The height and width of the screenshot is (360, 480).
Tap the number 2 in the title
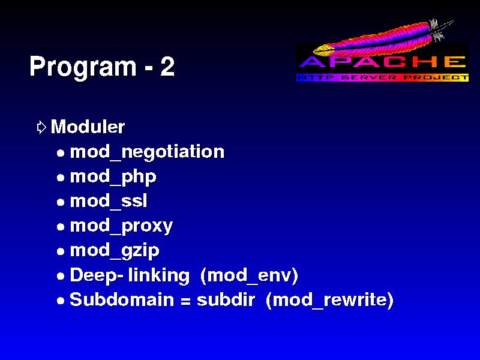167,66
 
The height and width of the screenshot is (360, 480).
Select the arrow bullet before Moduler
41,127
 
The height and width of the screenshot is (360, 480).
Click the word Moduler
88,127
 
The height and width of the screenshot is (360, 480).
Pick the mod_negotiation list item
147,152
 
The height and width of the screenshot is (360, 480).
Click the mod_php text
113,177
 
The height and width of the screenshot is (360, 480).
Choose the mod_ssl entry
109,201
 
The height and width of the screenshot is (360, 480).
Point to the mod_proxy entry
122,226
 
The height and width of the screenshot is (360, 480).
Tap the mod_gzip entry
115,251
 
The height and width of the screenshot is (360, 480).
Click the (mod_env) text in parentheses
249,275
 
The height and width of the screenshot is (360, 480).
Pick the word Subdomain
122,299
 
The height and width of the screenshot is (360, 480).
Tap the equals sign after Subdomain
185,301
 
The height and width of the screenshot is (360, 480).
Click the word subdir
226,299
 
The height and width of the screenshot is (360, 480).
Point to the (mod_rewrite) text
329,300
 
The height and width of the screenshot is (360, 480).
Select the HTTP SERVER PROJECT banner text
383,77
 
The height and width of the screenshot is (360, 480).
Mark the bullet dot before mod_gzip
61,251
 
